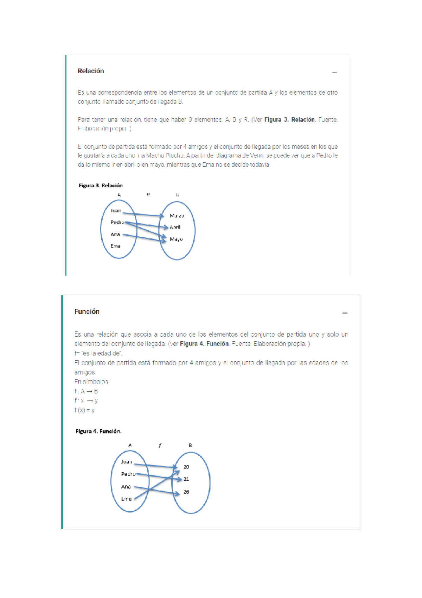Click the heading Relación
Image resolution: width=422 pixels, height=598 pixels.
[91, 71]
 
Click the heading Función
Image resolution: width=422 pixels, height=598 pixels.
[87, 312]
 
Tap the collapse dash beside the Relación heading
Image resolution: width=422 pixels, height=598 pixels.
[334, 72]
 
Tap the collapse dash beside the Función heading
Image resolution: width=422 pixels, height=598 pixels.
[345, 313]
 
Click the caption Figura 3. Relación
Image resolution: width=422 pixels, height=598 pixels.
[101, 186]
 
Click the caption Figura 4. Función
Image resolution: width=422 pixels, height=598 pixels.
[98, 431]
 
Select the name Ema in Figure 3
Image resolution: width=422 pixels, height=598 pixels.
[115, 246]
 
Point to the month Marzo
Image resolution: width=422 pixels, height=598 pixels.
[177, 216]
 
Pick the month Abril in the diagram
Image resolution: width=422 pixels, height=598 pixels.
[175, 227]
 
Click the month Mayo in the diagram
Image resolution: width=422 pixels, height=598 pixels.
[176, 239]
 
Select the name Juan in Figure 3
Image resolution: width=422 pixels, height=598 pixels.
[115, 211]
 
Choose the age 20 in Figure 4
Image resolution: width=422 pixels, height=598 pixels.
[186, 467]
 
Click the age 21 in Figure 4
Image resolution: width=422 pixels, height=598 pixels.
[186, 479]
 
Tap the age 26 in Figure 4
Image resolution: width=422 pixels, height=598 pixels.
[186, 492]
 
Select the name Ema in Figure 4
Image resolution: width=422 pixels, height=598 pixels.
[126, 499]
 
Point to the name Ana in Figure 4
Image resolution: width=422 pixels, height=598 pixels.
[126, 487]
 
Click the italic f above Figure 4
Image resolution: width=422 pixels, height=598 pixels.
[160, 446]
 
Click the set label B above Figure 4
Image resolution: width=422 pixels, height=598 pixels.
[190, 446]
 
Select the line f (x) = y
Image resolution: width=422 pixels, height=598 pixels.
[84, 410]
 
